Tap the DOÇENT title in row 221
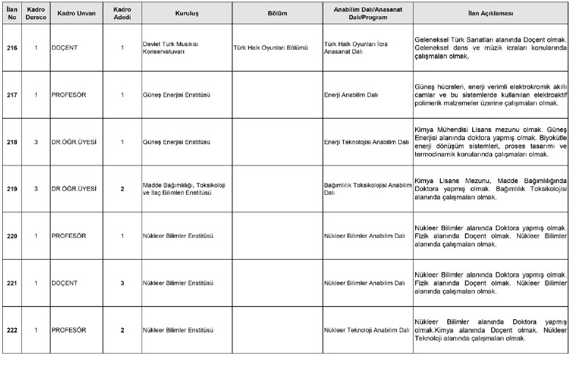pyautogui.click(x=65, y=283)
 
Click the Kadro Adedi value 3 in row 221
pyautogui.click(x=122, y=283)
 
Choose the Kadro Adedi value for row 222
pyautogui.click(x=122, y=329)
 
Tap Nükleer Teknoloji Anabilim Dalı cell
pyautogui.click(x=365, y=329)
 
